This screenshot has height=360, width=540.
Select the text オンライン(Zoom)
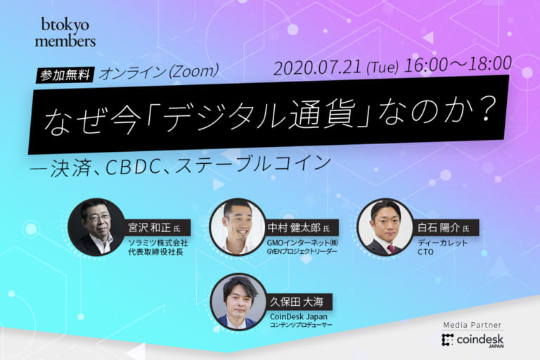pyautogui.click(x=161, y=72)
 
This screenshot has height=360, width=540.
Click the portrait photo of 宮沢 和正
pyautogui.click(x=96, y=226)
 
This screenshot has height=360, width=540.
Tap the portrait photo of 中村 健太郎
pyautogui.click(x=238, y=226)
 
